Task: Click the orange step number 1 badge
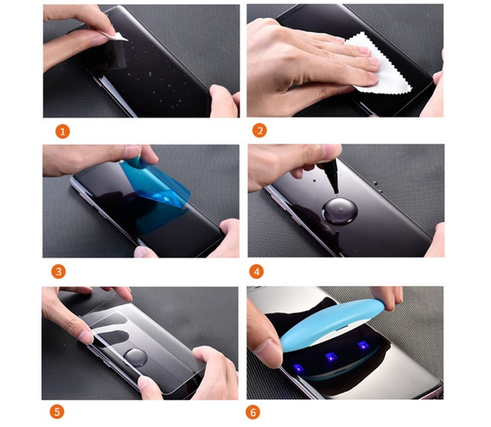(62, 131)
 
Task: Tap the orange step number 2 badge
(259, 131)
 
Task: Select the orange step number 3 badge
(59, 271)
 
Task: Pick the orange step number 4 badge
(257, 271)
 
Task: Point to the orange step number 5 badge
(57, 411)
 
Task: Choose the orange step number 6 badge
(253, 412)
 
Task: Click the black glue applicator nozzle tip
(336, 192)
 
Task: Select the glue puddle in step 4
(340, 211)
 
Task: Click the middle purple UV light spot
(330, 357)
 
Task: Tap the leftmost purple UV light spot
(298, 368)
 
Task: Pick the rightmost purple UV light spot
(362, 346)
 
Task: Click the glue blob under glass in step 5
(135, 357)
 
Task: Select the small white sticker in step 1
(118, 36)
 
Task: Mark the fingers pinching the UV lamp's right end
(386, 297)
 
